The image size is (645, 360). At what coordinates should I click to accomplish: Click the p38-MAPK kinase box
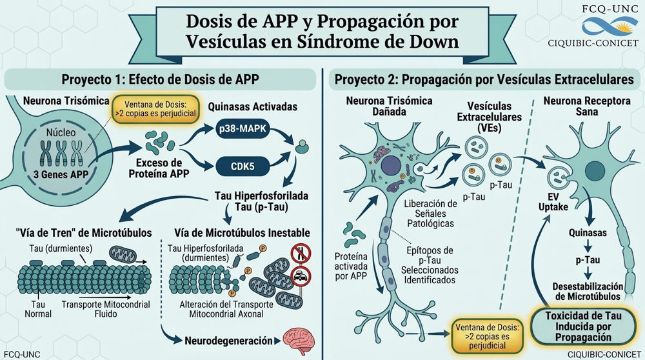(243, 129)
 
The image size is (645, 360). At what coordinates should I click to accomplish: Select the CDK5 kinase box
(243, 166)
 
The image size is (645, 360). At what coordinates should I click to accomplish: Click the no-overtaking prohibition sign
(301, 254)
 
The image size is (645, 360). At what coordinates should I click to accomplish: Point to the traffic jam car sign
(301, 277)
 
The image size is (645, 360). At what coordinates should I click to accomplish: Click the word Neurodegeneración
(228, 341)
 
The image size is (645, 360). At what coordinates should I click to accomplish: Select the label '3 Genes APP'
(61, 174)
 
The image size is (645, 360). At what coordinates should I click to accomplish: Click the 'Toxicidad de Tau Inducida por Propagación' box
(583, 326)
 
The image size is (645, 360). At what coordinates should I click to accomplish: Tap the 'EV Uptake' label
(553, 201)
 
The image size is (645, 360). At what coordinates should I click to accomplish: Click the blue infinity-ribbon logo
(610, 26)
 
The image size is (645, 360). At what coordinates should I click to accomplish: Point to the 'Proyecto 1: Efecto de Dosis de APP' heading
(160, 79)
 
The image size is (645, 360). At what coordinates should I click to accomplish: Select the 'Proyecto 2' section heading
(484, 79)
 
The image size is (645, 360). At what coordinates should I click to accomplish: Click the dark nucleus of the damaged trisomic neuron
(391, 166)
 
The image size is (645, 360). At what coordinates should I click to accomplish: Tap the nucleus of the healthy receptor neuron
(595, 171)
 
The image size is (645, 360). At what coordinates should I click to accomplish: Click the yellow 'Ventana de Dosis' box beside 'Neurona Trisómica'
(155, 109)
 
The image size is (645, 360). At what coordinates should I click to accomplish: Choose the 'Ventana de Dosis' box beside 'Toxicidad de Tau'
(487, 336)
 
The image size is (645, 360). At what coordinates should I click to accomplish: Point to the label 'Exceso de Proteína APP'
(159, 168)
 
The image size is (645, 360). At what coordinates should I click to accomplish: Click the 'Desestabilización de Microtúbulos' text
(588, 292)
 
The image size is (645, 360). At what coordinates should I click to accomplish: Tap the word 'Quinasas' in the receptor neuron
(588, 233)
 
